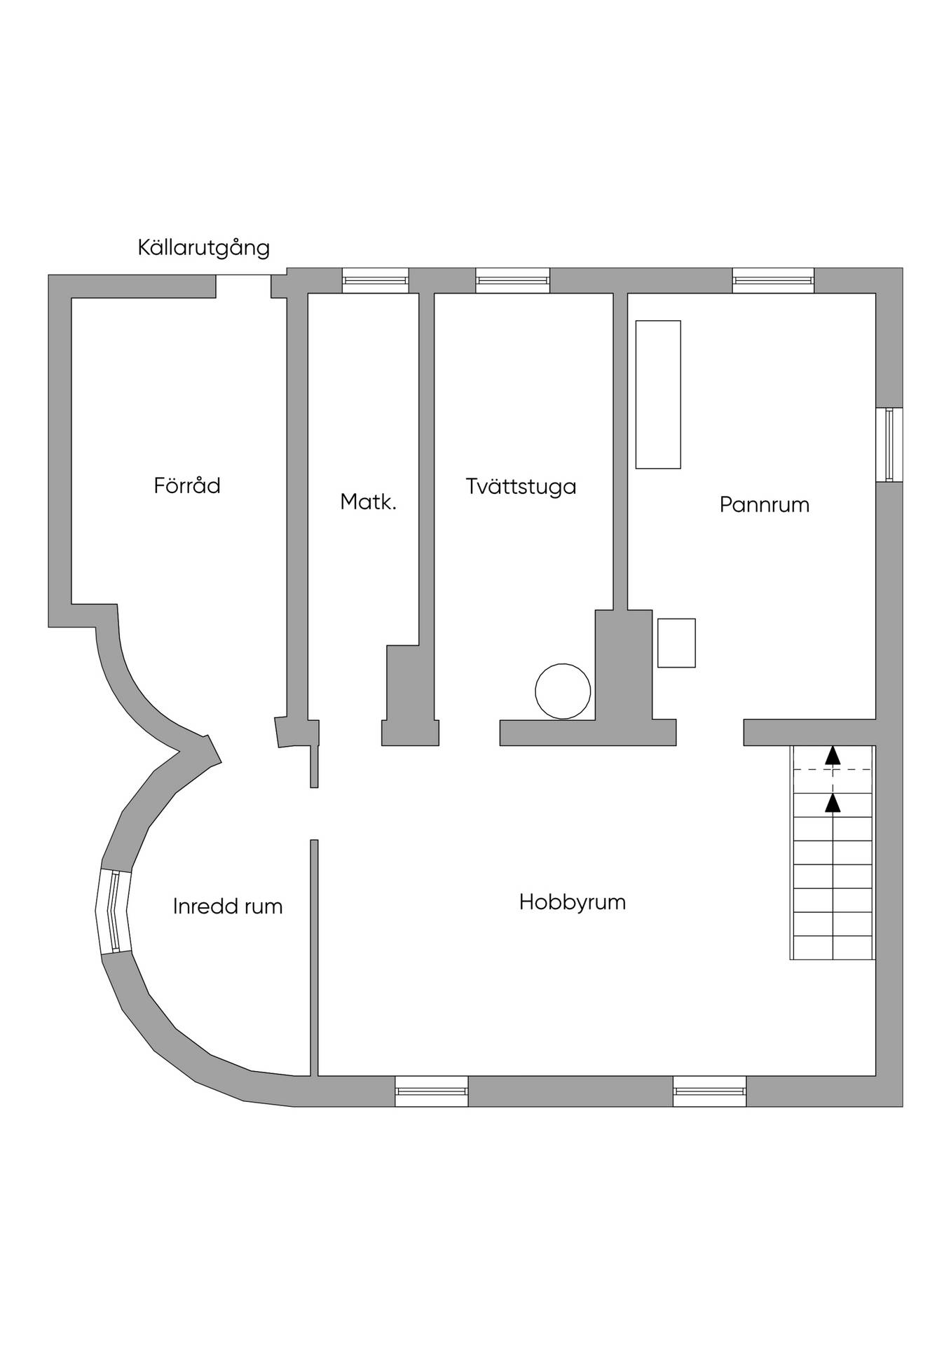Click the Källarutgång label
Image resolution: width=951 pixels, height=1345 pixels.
[203, 249]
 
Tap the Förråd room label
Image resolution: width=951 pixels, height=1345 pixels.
[187, 485]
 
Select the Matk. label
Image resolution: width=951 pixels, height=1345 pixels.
[369, 502]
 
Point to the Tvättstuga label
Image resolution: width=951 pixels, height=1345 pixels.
[521, 486]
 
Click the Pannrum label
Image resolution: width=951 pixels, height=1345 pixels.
[765, 504]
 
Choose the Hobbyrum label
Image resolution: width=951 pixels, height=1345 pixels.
[573, 902]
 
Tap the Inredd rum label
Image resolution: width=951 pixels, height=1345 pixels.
[228, 906]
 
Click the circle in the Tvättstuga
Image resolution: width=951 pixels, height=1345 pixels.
[563, 691]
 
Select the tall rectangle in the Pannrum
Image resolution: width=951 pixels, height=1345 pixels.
[658, 394]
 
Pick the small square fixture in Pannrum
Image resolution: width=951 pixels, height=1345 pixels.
[676, 643]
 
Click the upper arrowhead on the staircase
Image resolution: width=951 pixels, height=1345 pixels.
[833, 755]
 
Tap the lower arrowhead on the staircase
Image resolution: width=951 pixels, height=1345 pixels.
[833, 803]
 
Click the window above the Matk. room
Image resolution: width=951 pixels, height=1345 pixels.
[375, 280]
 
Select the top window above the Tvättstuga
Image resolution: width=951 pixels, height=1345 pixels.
[512, 280]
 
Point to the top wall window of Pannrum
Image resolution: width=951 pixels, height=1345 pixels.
[774, 280]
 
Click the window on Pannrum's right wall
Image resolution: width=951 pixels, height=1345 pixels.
[889, 445]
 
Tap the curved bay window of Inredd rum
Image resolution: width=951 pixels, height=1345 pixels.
[114, 911]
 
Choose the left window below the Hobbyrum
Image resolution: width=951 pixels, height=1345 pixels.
[432, 1091]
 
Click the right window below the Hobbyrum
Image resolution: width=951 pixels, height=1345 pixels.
[710, 1091]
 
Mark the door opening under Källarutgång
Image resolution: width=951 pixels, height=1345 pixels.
[244, 286]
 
